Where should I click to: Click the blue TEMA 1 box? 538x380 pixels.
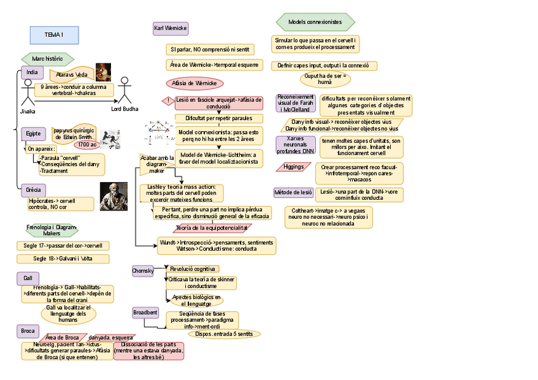point(53,34)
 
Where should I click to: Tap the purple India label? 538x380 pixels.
point(32,73)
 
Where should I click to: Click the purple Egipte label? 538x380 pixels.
point(34,134)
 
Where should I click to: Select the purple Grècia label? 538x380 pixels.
point(34,190)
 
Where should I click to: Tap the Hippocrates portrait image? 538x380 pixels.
point(114,196)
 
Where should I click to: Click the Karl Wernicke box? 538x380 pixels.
point(170,29)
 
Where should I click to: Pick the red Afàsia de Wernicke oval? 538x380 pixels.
point(195,83)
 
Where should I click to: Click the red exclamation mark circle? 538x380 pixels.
point(167,100)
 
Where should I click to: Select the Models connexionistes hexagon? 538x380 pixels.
point(315,22)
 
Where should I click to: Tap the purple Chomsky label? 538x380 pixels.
point(143,271)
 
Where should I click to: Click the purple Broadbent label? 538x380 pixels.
point(145,313)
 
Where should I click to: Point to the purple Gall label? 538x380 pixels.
point(27,278)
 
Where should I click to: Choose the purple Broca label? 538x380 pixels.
point(27,331)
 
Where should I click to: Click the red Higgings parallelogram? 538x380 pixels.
point(293,167)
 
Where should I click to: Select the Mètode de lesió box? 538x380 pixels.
point(293,192)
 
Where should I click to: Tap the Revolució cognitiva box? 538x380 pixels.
point(193,269)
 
